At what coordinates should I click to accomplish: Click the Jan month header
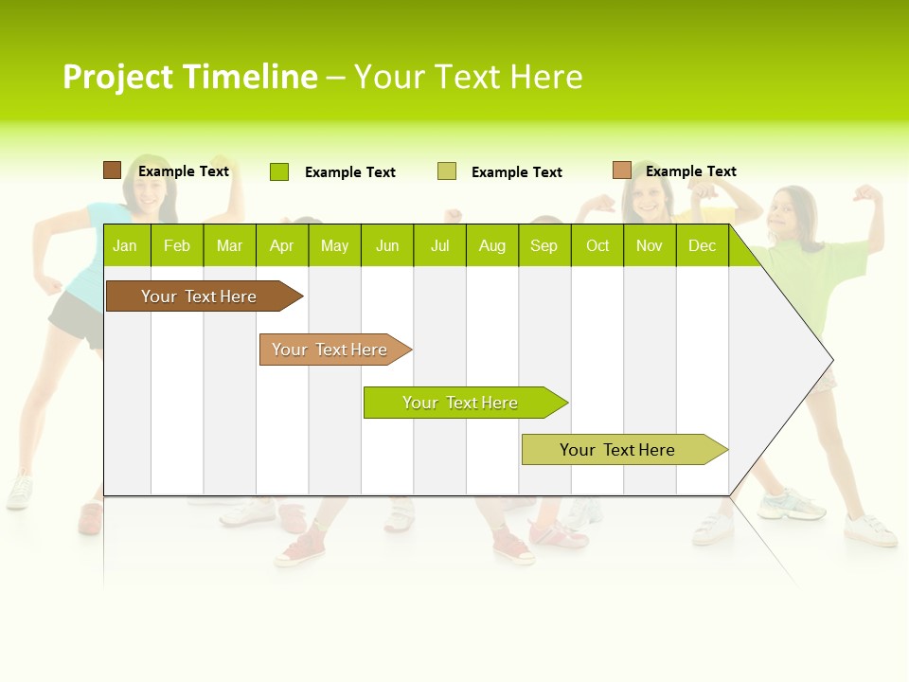(x=125, y=245)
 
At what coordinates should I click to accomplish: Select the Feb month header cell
(x=177, y=245)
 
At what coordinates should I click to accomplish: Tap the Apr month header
(x=281, y=245)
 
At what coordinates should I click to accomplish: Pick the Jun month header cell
(x=387, y=245)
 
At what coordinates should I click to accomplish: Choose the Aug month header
(x=491, y=245)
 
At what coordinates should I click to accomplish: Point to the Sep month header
(x=544, y=245)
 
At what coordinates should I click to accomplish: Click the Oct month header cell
(x=597, y=245)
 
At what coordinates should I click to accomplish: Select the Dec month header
(x=702, y=245)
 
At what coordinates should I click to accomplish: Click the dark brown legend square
(x=112, y=170)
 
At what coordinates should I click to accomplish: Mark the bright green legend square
(x=278, y=171)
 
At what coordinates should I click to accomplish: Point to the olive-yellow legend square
(x=447, y=171)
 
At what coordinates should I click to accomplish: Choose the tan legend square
(x=621, y=170)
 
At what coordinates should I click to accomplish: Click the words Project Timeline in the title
(x=189, y=77)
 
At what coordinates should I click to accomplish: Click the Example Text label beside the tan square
(x=690, y=171)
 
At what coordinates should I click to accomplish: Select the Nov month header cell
(x=650, y=245)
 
